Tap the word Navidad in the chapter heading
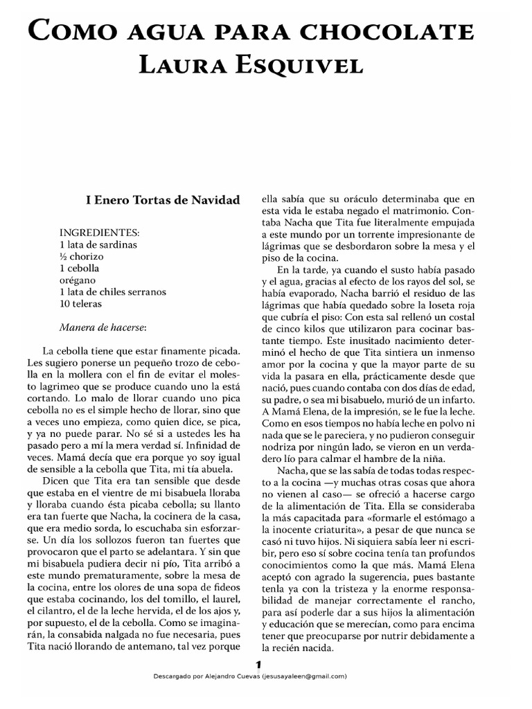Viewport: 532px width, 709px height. tap(213, 200)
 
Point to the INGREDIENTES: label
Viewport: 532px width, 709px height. tap(100, 233)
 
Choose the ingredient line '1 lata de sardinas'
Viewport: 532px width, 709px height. tap(98, 244)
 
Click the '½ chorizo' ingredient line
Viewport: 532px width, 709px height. tap(82, 256)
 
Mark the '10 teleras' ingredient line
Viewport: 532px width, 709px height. tap(80, 303)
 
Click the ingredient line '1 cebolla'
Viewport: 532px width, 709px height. tap(80, 268)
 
